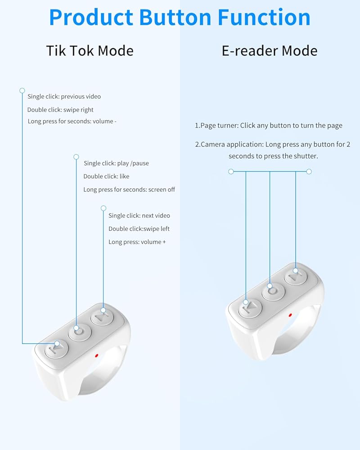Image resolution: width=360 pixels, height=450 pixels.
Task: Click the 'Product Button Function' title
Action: tap(180, 17)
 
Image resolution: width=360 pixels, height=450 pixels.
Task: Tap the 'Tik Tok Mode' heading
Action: tap(90, 50)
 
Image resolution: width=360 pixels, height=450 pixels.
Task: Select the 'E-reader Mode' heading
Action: tap(269, 50)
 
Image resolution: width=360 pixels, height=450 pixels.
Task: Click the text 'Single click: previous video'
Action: tap(64, 96)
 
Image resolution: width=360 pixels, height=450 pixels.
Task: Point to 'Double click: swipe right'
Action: tap(60, 109)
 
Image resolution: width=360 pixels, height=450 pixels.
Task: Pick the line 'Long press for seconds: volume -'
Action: tap(72, 121)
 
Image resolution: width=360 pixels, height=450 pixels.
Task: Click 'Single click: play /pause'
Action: tap(116, 163)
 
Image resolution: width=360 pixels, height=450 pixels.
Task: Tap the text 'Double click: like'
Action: tap(106, 176)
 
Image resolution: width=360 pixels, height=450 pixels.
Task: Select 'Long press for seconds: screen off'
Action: tap(129, 189)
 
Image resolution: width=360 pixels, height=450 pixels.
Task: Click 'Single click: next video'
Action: tap(139, 216)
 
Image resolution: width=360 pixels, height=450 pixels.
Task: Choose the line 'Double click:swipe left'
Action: tap(139, 229)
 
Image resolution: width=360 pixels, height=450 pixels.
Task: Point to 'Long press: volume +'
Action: tap(137, 242)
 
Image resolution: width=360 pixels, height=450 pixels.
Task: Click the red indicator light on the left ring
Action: tap(97, 355)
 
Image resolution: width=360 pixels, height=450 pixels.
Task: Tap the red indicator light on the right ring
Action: tap(290, 315)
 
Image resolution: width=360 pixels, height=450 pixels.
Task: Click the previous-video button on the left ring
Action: tap(56, 348)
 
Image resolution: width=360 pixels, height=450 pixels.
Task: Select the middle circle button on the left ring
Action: tap(79, 332)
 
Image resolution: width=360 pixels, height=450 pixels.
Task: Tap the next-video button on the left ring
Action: tap(103, 316)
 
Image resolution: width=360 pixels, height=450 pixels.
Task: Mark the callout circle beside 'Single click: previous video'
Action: tap(22, 90)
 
